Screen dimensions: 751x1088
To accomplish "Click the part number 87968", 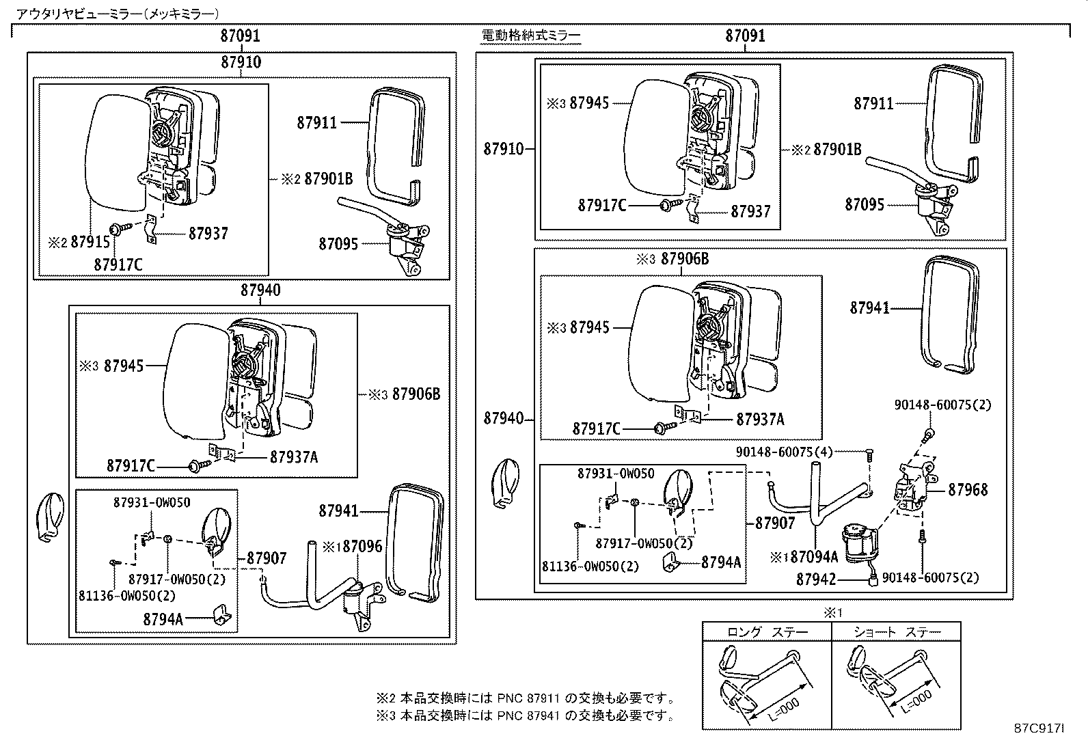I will click(x=968, y=490).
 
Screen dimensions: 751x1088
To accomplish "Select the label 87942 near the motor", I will click(x=816, y=579).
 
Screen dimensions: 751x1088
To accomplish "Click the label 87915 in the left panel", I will click(x=91, y=242).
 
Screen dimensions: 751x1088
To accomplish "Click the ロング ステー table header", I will click(x=767, y=631).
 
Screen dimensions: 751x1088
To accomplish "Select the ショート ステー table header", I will click(x=896, y=631).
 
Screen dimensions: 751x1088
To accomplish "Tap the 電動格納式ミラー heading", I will click(x=531, y=36).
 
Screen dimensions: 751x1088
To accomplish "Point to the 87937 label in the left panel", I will click(x=208, y=233).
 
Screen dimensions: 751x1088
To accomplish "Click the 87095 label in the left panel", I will click(x=338, y=243).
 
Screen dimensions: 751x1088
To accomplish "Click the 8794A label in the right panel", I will click(x=720, y=562).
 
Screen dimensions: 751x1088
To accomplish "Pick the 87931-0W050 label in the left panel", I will click(x=152, y=502).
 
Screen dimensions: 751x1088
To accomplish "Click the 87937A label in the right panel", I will click(x=760, y=419).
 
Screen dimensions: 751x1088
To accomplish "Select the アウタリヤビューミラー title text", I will click(x=118, y=13).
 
